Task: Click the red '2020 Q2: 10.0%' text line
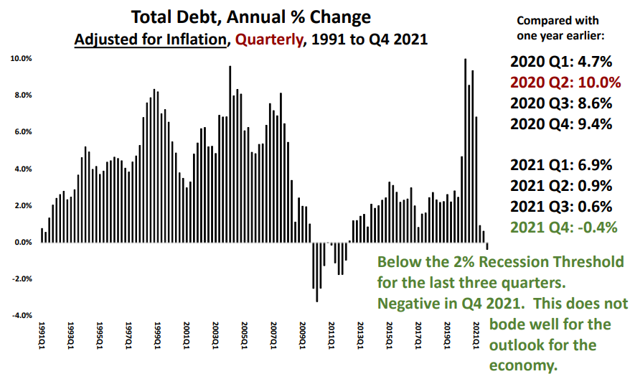click(565, 82)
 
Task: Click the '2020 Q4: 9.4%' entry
click(561, 123)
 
